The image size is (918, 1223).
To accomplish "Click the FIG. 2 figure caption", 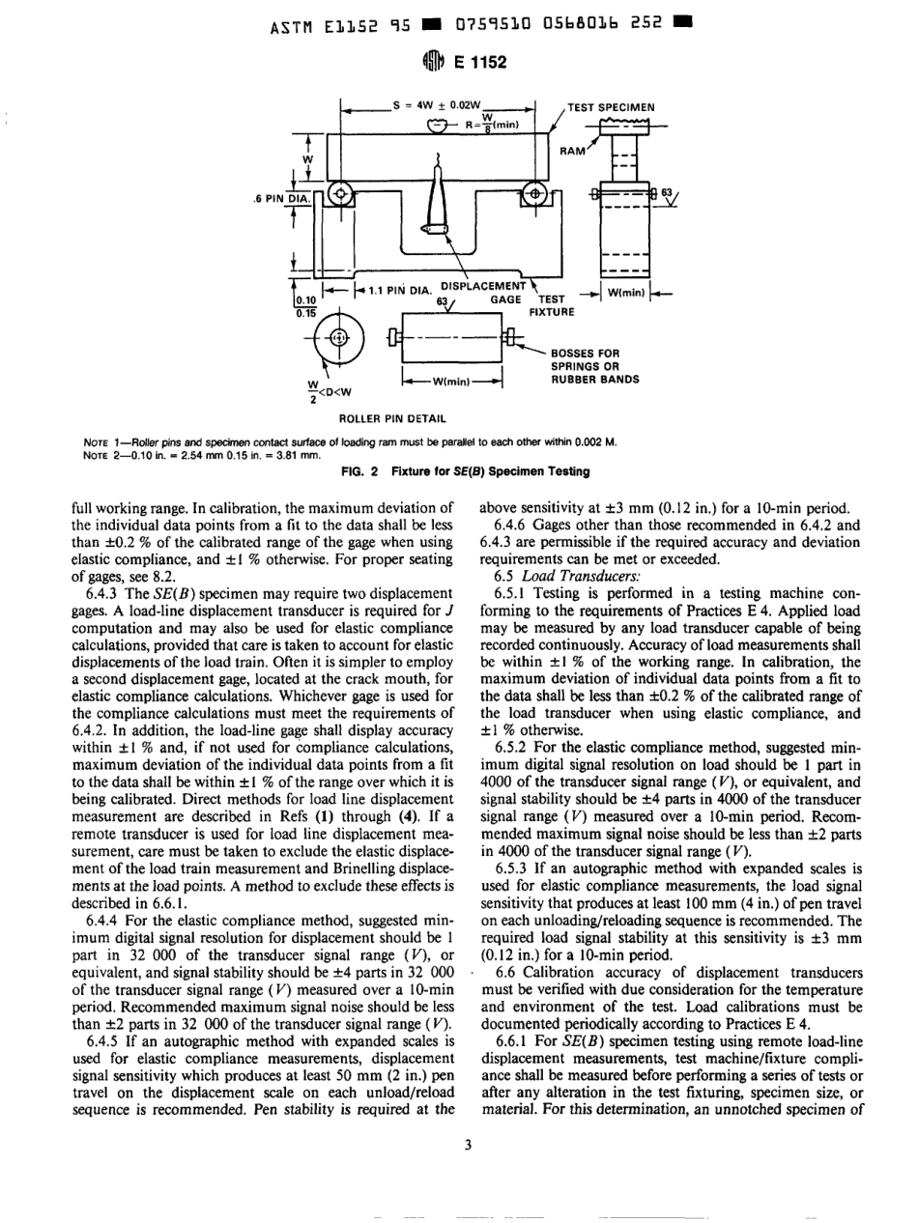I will click(458, 469).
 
